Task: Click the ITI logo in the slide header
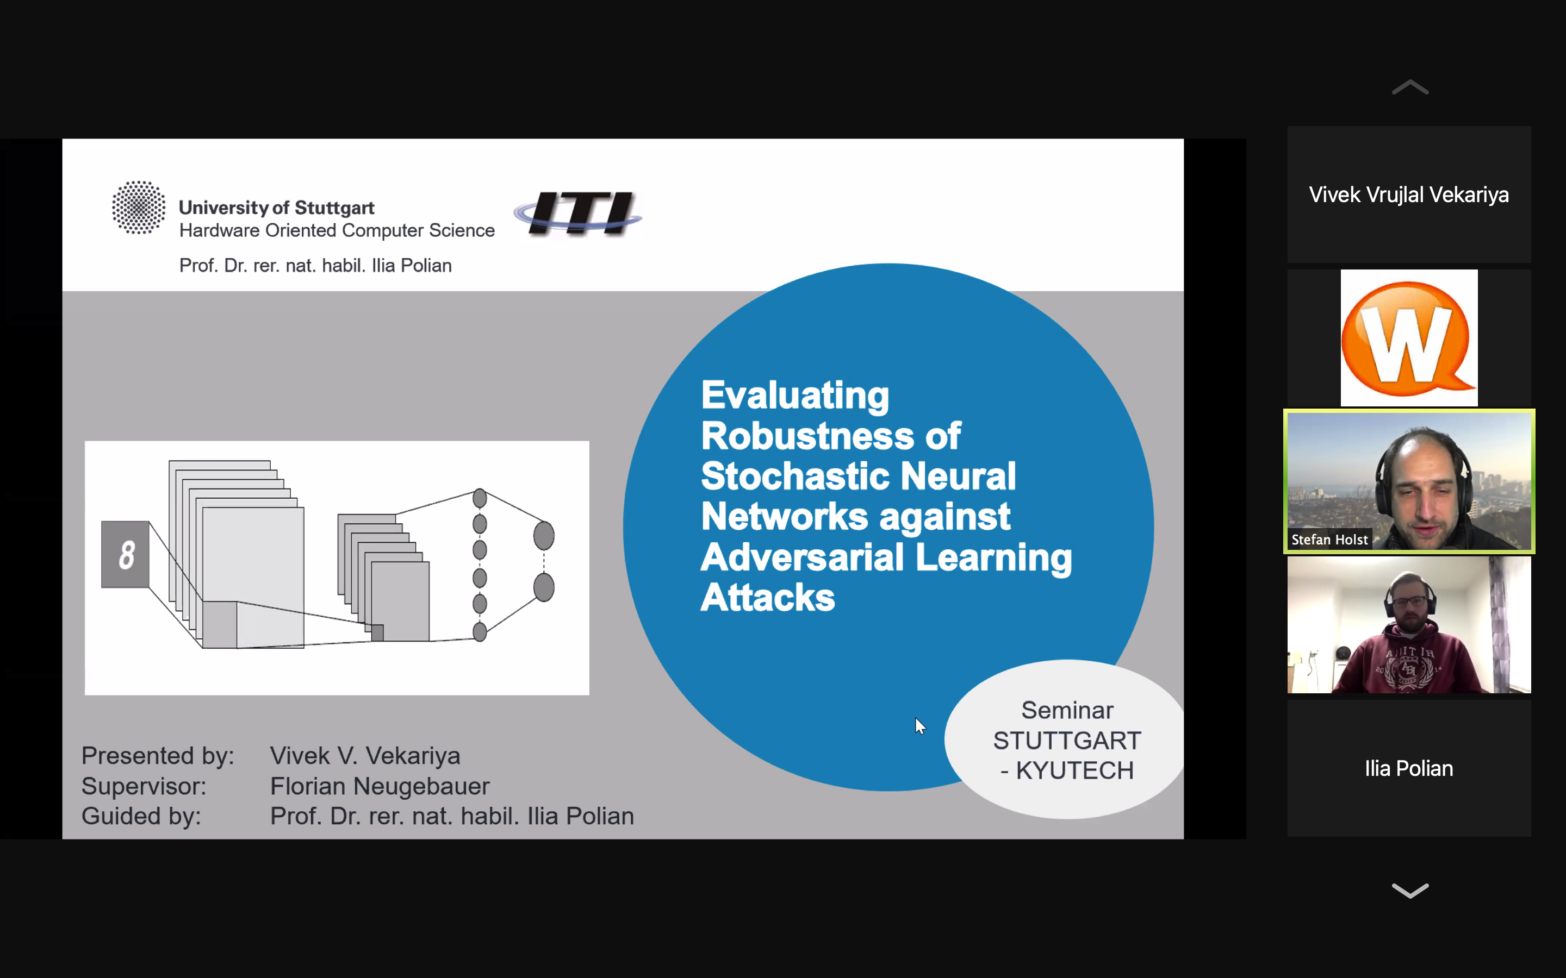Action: [x=578, y=214]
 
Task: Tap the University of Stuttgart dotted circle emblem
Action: [x=139, y=207]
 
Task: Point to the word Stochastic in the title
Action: [x=796, y=475]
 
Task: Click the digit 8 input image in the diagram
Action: [x=126, y=554]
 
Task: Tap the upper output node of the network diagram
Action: [x=544, y=536]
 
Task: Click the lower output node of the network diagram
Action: [x=544, y=587]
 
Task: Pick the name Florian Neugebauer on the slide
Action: [x=380, y=786]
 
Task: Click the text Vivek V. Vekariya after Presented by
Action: [x=365, y=755]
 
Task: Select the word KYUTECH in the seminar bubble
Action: [x=1075, y=770]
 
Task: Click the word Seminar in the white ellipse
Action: [x=1067, y=710]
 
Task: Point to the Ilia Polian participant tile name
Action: [x=1409, y=768]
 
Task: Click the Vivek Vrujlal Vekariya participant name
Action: [x=1409, y=195]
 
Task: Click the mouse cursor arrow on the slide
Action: [x=920, y=726]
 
